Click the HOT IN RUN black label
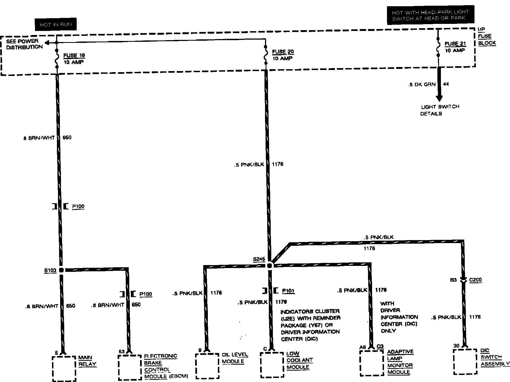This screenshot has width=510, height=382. click(56, 24)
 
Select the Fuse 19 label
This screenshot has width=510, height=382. click(74, 56)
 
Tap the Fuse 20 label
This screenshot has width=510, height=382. click(283, 52)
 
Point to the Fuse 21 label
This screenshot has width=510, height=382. click(455, 44)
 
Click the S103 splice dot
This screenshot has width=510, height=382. click(61, 270)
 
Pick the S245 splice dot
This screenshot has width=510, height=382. click(269, 265)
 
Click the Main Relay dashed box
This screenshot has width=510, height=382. click(64, 368)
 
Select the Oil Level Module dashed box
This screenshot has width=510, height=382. click(207, 366)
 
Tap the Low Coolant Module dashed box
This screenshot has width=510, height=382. click(272, 365)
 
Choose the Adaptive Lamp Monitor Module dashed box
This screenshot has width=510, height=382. click(372, 363)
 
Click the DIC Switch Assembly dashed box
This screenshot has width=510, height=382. click(465, 361)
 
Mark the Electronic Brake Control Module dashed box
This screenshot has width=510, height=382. click(130, 367)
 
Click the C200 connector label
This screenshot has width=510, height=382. click(475, 280)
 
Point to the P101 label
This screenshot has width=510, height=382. click(288, 291)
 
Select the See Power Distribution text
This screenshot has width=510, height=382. click(24, 44)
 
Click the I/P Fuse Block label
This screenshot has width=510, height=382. click(486, 36)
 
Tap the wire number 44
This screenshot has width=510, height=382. click(446, 84)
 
